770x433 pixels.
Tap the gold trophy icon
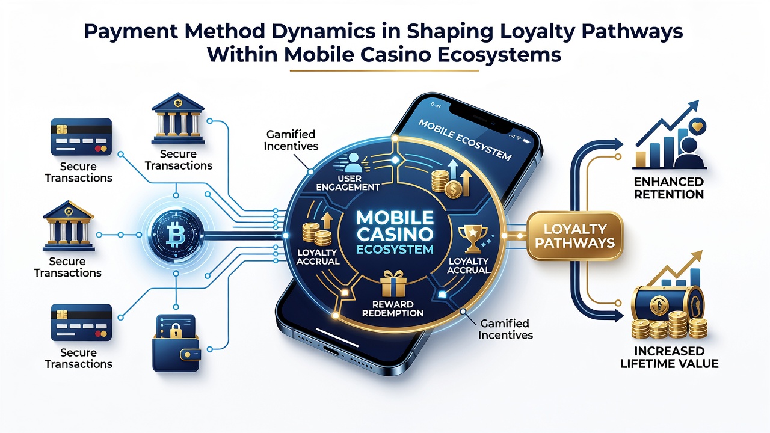click(473, 239)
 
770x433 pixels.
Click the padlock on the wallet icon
click(175, 331)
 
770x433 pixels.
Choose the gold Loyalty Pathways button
click(575, 235)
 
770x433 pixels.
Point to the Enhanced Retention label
click(669, 188)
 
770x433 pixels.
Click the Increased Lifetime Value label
click(670, 357)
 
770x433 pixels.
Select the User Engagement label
click(348, 183)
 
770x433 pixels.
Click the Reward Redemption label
click(393, 309)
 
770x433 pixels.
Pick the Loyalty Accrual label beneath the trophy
click(468, 266)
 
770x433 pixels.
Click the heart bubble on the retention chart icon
click(697, 127)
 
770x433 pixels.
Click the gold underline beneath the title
click(384, 71)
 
